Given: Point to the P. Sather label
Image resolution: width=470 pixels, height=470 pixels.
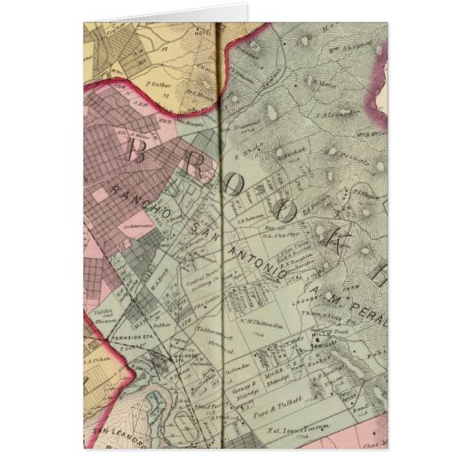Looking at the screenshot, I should click(160, 86).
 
